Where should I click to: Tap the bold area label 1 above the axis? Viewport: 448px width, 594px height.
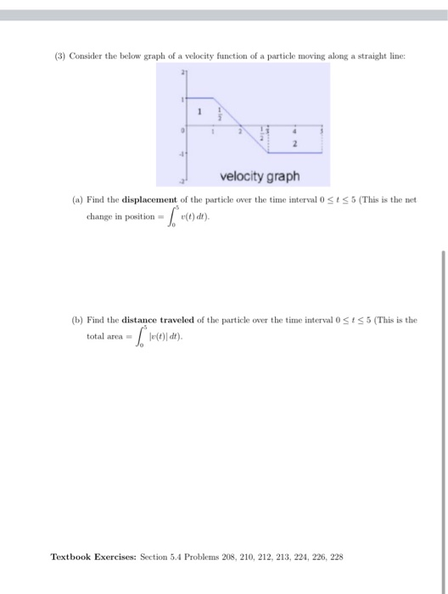pyautogui.click(x=199, y=111)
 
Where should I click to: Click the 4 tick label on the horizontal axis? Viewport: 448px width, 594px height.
pyautogui.click(x=294, y=132)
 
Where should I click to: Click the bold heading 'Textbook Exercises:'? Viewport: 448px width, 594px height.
pyautogui.click(x=87, y=557)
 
